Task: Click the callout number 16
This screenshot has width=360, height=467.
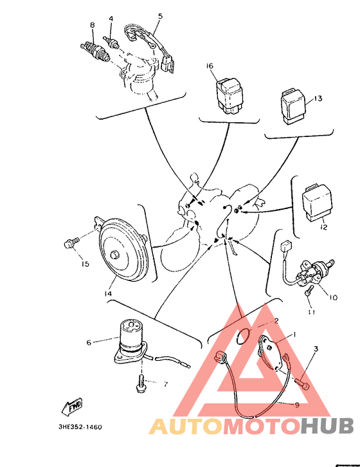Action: point(210,66)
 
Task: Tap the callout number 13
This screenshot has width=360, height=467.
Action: point(318,98)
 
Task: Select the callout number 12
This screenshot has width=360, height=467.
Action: point(324,227)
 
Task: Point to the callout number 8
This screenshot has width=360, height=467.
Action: point(93,25)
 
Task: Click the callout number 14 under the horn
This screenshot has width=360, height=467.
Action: point(108,294)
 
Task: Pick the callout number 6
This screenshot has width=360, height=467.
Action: point(89,343)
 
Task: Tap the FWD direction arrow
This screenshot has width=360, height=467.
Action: point(73,407)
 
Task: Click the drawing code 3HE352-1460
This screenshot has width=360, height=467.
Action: point(80,427)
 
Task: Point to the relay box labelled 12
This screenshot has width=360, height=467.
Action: point(317,203)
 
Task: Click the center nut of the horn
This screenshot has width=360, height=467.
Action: point(114,255)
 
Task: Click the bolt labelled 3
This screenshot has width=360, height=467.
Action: point(302,383)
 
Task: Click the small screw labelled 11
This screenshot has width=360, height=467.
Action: point(309,290)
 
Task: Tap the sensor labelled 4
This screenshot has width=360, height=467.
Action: point(111,42)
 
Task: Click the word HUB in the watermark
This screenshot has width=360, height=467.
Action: point(327,426)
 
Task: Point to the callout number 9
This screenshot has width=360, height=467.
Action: point(296,405)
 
